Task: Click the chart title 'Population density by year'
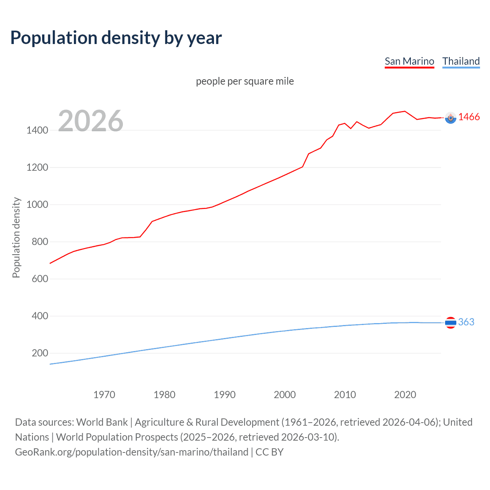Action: pyautogui.click(x=116, y=38)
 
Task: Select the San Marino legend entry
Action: pyautogui.click(x=409, y=61)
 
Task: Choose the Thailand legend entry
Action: pyautogui.click(x=461, y=61)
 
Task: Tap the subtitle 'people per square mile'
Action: pyautogui.click(x=245, y=81)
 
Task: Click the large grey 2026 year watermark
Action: pyautogui.click(x=91, y=121)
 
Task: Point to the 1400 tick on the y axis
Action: pyautogui.click(x=37, y=130)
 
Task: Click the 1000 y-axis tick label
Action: pyautogui.click(x=37, y=204)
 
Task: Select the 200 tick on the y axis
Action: pyautogui.click(x=40, y=353)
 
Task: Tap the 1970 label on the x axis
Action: pyautogui.click(x=104, y=395)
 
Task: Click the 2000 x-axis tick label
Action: pyautogui.click(x=285, y=395)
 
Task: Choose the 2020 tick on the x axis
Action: pyautogui.click(x=405, y=395)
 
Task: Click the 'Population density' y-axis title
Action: pyautogui.click(x=16, y=237)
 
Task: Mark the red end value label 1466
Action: pyautogui.click(x=469, y=117)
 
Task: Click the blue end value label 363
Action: pyautogui.click(x=466, y=322)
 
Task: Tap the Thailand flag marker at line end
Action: pyautogui.click(x=451, y=323)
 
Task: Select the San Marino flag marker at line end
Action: pyautogui.click(x=451, y=118)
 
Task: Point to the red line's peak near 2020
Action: pyautogui.click(x=405, y=111)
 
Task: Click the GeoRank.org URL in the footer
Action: pyautogui.click(x=132, y=452)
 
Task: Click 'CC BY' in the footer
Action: pyautogui.click(x=269, y=452)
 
